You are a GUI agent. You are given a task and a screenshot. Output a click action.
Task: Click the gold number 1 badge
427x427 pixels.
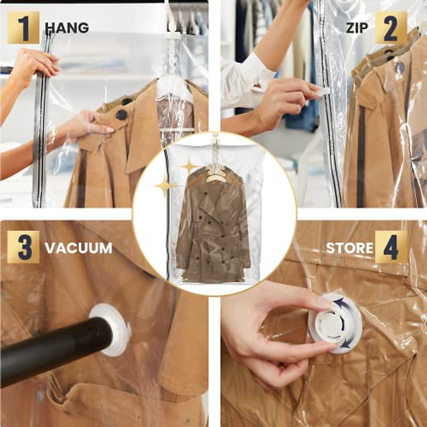pos(23,28)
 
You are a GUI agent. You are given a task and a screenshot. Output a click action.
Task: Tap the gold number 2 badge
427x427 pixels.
pos(390,28)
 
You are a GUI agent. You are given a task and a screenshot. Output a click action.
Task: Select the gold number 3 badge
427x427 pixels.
pos(23,247)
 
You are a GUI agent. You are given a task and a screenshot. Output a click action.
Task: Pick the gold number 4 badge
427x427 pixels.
pos(391,247)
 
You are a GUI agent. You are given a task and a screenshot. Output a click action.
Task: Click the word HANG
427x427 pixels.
pos(67,28)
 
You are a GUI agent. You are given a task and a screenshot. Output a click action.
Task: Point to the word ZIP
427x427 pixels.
pos(357,28)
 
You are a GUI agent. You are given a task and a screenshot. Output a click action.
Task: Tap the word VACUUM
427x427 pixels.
pos(79,248)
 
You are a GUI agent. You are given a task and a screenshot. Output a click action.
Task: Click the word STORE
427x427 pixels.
pos(349,248)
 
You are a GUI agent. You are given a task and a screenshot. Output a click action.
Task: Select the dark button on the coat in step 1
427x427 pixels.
pos(121,115)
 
